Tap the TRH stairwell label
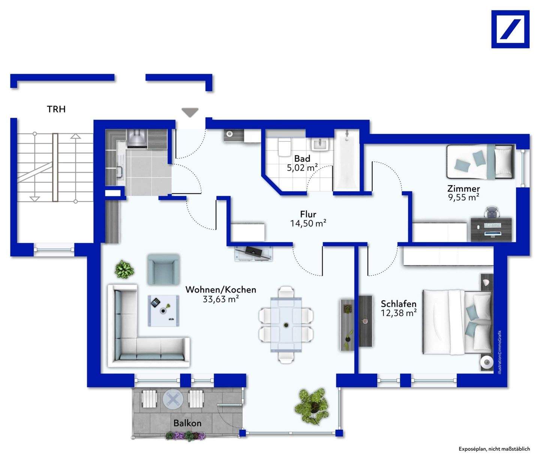click(x=56, y=109)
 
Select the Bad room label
click(x=302, y=158)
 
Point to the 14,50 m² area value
click(x=308, y=223)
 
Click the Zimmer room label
click(x=463, y=188)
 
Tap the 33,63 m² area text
click(x=221, y=299)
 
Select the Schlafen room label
click(x=398, y=304)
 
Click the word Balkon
click(x=187, y=423)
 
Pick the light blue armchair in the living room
click(x=163, y=269)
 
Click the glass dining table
click(x=286, y=324)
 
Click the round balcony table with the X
click(x=173, y=399)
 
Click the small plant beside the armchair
click(x=124, y=269)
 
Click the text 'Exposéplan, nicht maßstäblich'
click(x=494, y=449)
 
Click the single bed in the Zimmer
click(x=480, y=162)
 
